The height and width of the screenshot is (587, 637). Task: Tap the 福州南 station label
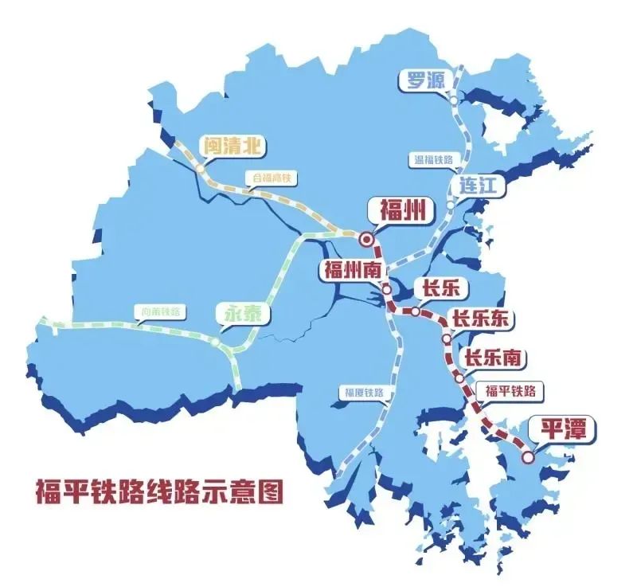click(350, 269)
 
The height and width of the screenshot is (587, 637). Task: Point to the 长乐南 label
click(493, 358)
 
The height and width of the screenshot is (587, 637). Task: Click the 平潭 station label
click(563, 429)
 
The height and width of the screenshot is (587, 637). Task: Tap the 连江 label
click(478, 186)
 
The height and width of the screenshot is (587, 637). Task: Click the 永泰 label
click(243, 314)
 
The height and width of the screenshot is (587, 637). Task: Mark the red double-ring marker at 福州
click(366, 238)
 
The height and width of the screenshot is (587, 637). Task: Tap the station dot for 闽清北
click(200, 169)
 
